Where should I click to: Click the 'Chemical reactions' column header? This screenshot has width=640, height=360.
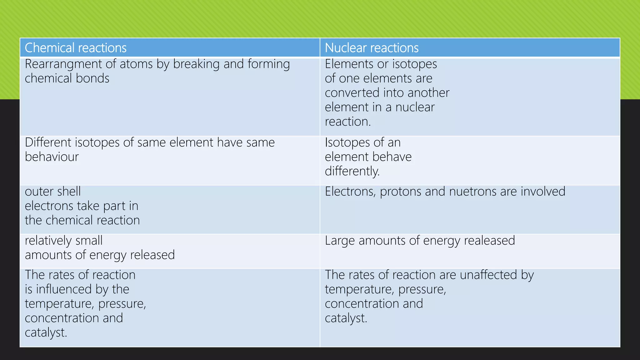76,48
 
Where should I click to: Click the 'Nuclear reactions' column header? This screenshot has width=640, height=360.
372,48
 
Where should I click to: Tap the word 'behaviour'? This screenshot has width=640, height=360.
52,157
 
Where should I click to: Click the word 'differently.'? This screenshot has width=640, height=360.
352,171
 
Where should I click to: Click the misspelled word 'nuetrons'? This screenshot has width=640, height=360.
473,192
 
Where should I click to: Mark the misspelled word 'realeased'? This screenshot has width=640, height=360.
489,241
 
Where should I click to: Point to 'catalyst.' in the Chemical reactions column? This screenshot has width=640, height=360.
46,332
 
